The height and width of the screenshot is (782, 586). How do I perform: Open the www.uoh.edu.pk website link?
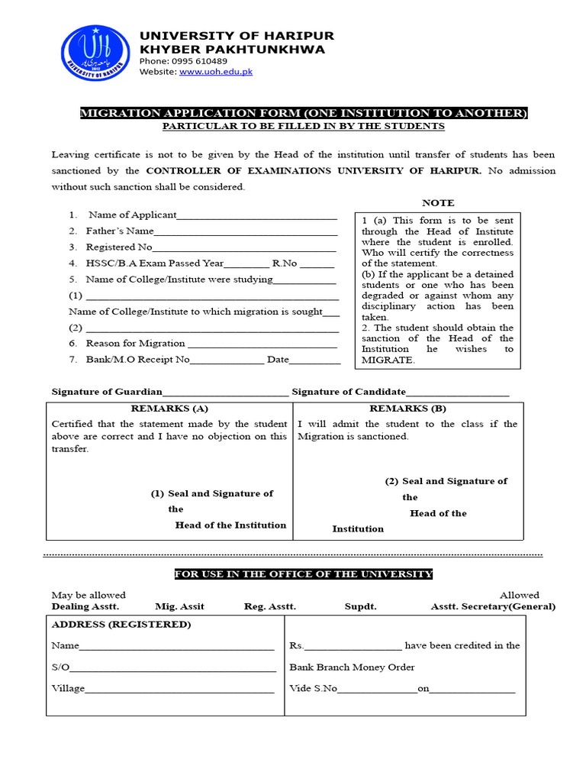pos(216,72)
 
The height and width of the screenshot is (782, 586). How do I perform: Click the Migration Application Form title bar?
pos(304,113)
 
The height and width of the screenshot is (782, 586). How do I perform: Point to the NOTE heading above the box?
pos(438,202)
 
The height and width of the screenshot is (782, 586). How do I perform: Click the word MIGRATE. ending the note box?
pos(388,360)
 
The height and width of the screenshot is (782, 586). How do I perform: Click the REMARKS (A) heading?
pos(169,409)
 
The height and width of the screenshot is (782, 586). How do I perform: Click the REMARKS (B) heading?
pos(408,409)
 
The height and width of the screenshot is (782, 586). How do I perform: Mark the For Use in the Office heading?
pos(304,574)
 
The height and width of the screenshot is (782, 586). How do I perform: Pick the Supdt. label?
pos(360,606)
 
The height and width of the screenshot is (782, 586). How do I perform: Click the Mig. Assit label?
pos(179,606)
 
